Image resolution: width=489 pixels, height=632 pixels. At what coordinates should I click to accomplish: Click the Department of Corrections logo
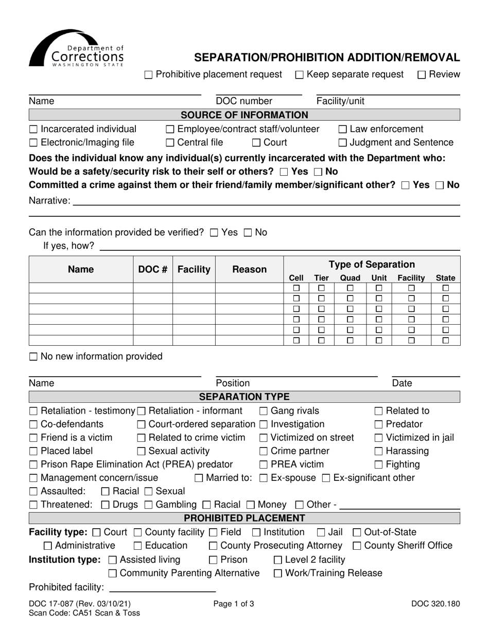[76, 48]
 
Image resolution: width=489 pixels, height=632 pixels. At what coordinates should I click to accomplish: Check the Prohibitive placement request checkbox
[149, 75]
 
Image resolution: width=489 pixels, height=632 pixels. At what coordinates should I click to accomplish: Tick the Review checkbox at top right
[422, 75]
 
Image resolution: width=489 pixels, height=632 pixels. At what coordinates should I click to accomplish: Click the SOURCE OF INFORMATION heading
[244, 115]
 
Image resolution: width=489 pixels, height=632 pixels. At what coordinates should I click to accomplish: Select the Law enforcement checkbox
[343, 129]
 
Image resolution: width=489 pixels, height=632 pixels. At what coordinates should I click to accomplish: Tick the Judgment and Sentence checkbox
[343, 143]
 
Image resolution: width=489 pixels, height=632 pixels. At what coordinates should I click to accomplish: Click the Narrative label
[49, 201]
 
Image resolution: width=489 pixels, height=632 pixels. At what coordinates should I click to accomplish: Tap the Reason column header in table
[249, 269]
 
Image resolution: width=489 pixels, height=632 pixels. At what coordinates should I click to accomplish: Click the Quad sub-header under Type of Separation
[350, 278]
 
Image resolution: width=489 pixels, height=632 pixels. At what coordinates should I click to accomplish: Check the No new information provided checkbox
[33, 357]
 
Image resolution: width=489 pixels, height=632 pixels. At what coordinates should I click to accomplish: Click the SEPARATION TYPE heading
[244, 397]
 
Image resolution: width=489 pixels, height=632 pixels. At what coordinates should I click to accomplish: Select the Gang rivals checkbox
[264, 411]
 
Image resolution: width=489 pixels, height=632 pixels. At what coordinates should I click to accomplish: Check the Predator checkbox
[379, 424]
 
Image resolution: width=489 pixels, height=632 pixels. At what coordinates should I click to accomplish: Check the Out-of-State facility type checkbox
[357, 532]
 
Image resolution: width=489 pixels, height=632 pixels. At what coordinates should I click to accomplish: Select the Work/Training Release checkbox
[278, 573]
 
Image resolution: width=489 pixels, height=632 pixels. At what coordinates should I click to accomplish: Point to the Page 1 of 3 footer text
[234, 604]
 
